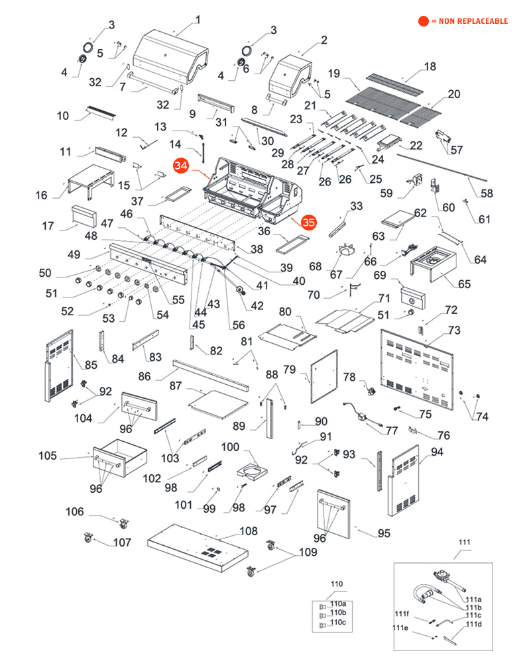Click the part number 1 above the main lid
pyautogui.click(x=198, y=19)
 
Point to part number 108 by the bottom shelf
pyautogui.click(x=248, y=531)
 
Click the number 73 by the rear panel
pyautogui.click(x=454, y=330)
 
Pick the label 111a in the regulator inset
pyautogui.click(x=473, y=599)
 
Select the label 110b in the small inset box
pyautogui.click(x=338, y=613)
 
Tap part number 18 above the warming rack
pyautogui.click(x=430, y=66)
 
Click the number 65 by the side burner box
pyautogui.click(x=464, y=284)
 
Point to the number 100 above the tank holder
pyautogui.click(x=230, y=447)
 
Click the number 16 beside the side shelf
pyautogui.click(x=42, y=195)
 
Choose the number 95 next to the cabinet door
pyautogui.click(x=384, y=533)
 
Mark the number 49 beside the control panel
pyautogui.click(x=74, y=254)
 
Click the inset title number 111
pyautogui.click(x=464, y=543)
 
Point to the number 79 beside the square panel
pyautogui.click(x=290, y=368)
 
